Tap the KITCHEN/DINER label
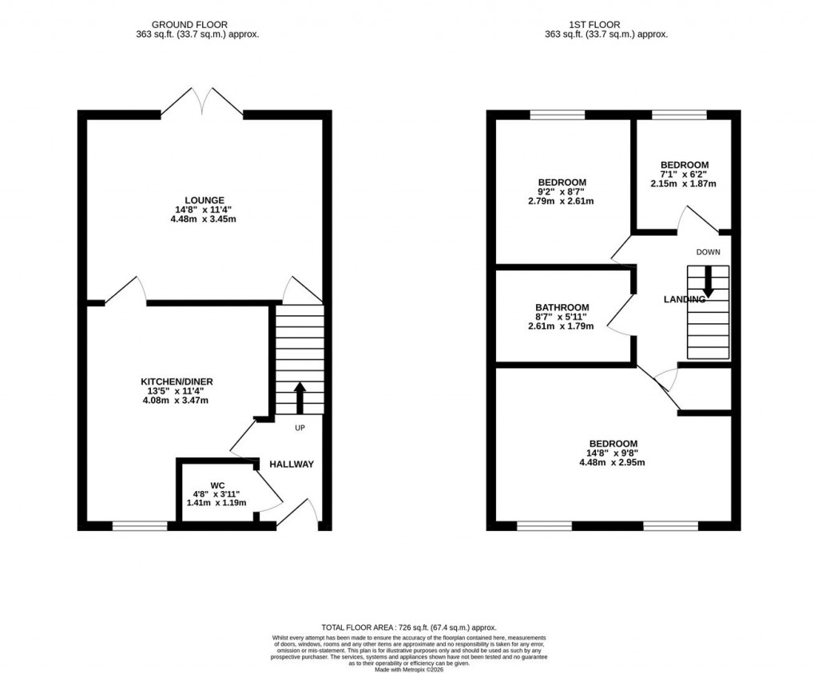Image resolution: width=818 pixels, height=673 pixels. click(x=177, y=381)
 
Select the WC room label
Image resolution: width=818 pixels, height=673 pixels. click(x=216, y=485)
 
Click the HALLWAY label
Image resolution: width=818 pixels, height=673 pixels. click(x=291, y=465)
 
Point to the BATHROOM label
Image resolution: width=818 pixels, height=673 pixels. click(x=562, y=307)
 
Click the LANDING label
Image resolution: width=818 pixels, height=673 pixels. click(x=684, y=299)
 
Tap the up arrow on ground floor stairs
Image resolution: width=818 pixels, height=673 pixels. click(x=300, y=397)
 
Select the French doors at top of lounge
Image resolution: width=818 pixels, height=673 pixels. click(x=203, y=104)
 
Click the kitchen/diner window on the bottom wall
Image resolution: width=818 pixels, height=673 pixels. click(x=140, y=526)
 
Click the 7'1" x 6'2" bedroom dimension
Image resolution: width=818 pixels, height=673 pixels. click(x=683, y=174)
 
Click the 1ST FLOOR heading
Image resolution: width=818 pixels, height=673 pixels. click(x=606, y=25)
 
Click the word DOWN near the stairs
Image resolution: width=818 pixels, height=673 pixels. click(x=708, y=252)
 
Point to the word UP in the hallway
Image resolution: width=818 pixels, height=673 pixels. click(x=300, y=428)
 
